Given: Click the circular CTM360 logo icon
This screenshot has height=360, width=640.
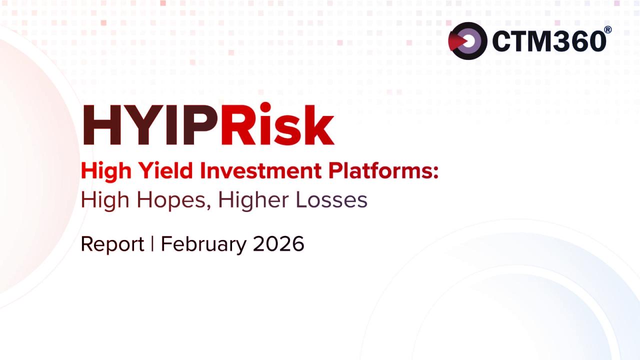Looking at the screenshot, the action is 467,41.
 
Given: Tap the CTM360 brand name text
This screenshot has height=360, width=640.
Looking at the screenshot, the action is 549,41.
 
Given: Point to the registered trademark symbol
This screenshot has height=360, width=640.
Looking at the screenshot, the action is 608,29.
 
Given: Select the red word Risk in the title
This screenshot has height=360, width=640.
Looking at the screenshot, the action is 277,123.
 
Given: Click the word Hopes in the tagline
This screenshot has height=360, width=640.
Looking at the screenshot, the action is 171,200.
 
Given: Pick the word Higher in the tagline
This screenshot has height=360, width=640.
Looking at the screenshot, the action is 253,200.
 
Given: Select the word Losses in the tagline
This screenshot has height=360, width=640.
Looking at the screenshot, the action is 331,199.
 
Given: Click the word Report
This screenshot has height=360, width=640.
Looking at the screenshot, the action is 112,244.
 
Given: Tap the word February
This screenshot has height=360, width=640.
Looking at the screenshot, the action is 203,244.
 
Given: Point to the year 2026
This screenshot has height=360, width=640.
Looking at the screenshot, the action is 278,243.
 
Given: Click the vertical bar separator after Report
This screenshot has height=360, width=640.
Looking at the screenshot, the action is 152,243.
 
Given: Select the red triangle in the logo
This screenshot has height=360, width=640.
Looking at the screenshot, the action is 457,41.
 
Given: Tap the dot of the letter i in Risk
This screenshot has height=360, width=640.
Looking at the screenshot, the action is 265,107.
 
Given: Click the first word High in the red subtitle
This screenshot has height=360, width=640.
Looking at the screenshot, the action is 106,171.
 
